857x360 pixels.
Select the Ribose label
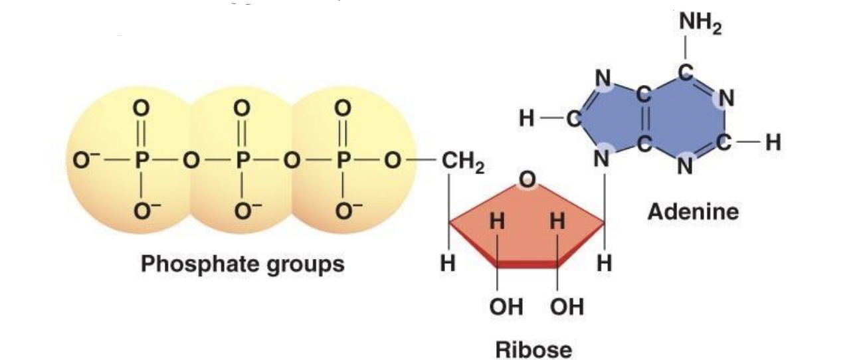point(533,349)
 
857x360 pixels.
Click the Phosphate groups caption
point(242,264)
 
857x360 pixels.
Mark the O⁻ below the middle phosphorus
point(245,212)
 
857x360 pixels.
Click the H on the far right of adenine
point(773,141)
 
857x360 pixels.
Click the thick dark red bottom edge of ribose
point(527,265)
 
